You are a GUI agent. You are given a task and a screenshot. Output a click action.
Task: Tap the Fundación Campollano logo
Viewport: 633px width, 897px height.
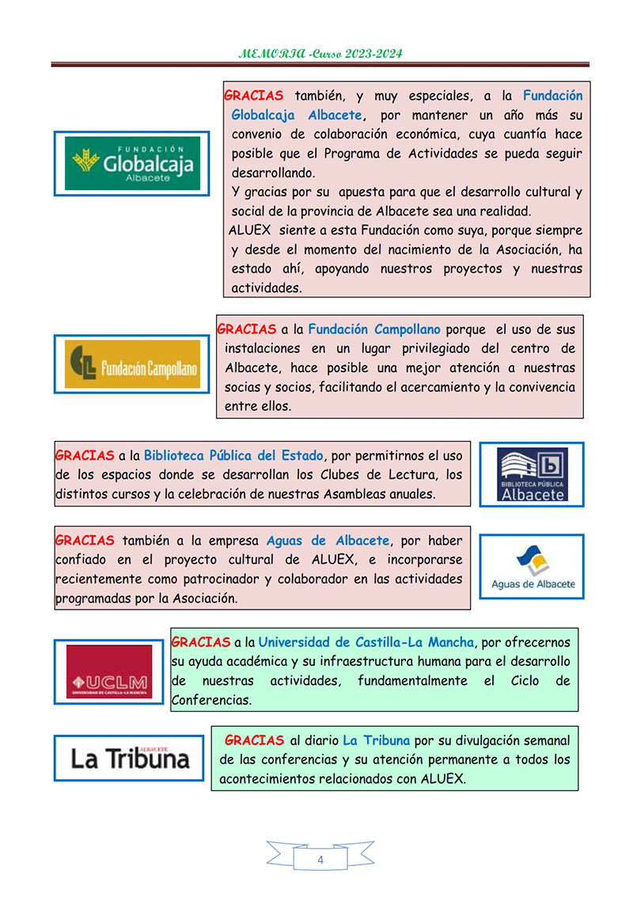pos(132,363)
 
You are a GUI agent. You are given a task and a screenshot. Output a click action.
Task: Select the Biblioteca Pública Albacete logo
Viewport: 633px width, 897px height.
pos(532,474)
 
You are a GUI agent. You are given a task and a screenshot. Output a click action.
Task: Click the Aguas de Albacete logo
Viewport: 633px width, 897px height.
pos(533,567)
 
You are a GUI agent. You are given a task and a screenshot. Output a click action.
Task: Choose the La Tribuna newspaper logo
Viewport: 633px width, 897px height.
pos(130,758)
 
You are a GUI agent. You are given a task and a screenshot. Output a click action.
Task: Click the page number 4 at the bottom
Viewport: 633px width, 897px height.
pos(320,860)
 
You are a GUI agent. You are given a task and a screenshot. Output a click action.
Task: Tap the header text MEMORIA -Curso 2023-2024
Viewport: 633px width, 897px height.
pos(320,54)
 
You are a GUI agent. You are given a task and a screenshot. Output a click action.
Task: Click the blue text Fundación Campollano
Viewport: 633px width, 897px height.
pos(374,329)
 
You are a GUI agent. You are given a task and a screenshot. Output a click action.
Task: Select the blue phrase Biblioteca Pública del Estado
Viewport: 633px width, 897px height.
pos(234,455)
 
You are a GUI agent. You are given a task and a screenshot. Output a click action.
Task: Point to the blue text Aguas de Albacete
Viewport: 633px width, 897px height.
pos(328,541)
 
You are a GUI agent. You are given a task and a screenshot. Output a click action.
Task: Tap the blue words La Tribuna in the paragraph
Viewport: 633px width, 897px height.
pos(376,741)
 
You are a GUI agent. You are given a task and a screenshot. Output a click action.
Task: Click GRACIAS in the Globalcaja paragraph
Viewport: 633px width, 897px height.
pos(253,96)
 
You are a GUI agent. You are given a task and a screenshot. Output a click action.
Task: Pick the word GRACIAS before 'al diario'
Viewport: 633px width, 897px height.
pos(254,741)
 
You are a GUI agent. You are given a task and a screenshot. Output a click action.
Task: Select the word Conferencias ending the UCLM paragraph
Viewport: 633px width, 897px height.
pos(211,700)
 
